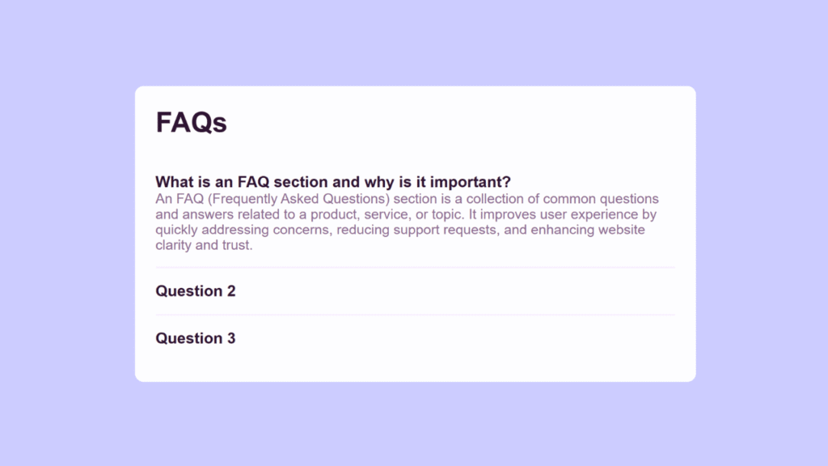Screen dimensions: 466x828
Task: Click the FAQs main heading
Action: click(191, 122)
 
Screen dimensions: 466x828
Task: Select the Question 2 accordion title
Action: click(196, 291)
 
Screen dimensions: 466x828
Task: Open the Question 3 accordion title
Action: click(196, 338)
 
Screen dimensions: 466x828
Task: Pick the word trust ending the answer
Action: click(236, 245)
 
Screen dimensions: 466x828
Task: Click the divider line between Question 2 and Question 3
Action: click(415, 315)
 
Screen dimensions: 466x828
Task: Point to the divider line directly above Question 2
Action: click(415, 267)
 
